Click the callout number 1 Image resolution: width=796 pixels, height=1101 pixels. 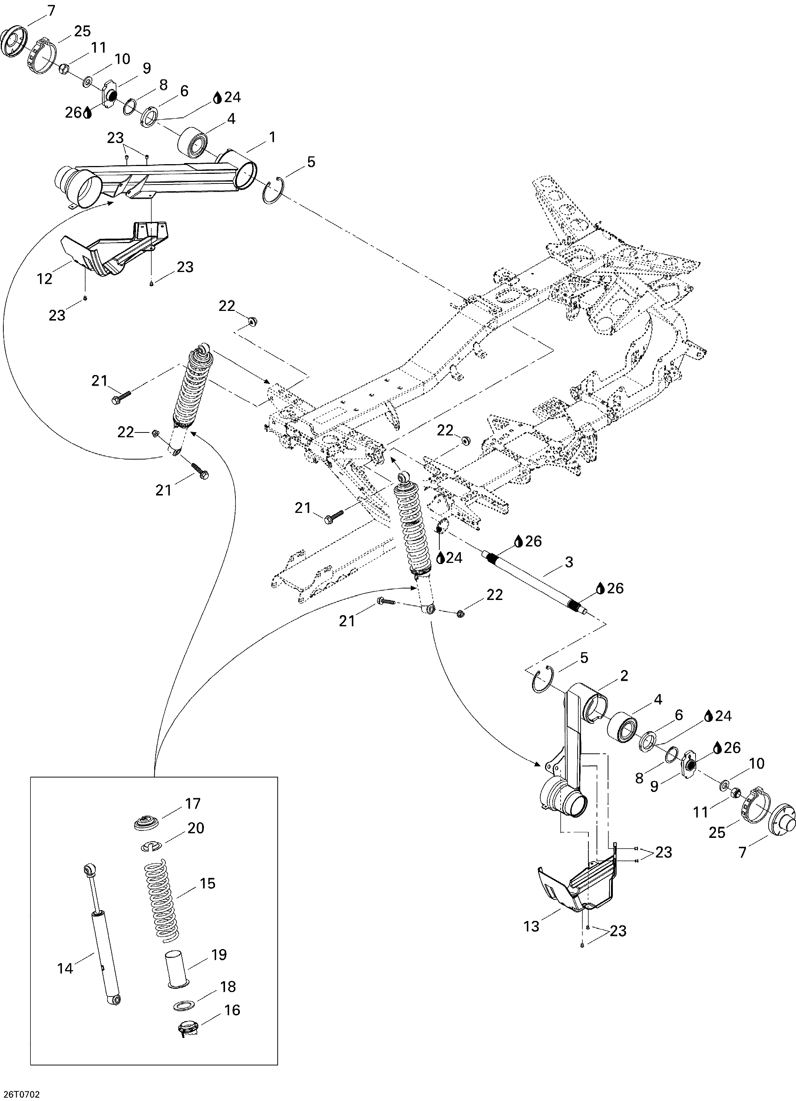[x=273, y=138]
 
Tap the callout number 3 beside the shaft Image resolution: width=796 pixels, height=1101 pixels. [x=569, y=562]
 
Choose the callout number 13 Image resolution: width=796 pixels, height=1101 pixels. [x=532, y=926]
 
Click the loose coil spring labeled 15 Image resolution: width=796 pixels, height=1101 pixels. [x=162, y=897]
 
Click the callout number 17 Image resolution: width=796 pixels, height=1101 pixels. [x=193, y=804]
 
